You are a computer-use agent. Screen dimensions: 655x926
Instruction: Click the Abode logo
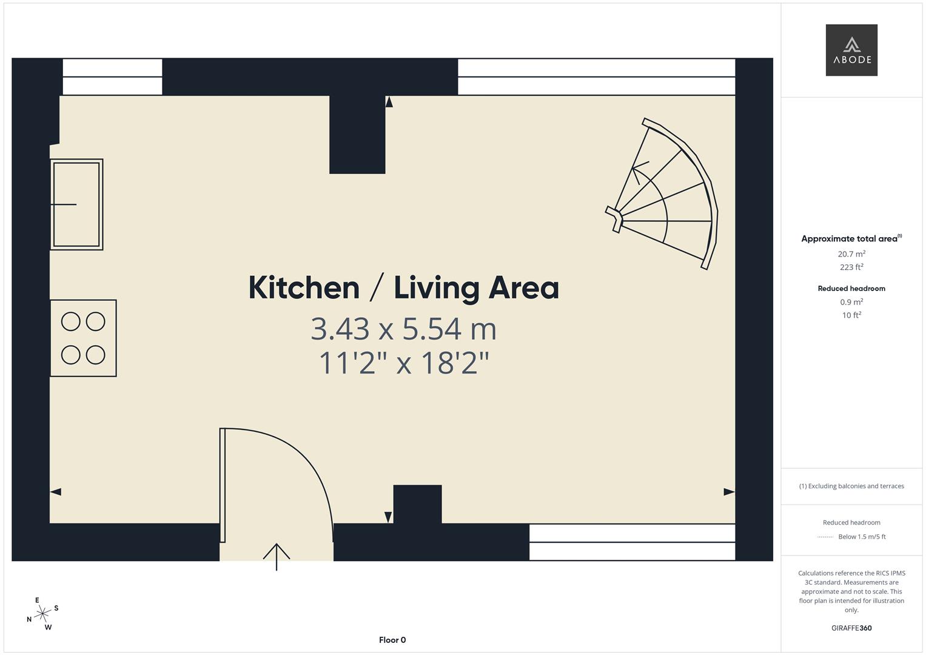(851, 50)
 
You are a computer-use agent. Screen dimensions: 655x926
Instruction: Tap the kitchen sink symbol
(76, 204)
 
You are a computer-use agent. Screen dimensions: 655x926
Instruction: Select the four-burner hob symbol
(83, 338)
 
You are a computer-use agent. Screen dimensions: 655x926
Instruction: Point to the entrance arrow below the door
(277, 556)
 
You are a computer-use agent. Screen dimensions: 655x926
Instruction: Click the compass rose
(42, 614)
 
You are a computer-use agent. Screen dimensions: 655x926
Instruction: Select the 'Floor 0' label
(392, 640)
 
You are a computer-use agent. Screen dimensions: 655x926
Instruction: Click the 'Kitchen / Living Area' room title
(403, 287)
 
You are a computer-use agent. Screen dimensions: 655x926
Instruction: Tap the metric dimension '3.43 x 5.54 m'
(403, 329)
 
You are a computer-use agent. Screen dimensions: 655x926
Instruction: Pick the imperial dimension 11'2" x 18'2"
(403, 363)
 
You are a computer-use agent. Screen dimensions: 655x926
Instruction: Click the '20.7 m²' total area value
(851, 254)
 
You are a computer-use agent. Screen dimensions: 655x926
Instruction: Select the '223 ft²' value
(851, 267)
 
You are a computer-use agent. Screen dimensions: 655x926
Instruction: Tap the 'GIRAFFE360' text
(851, 628)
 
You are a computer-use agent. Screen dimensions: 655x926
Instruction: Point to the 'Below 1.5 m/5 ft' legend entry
(861, 537)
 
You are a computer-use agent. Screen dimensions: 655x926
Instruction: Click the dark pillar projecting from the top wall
(357, 135)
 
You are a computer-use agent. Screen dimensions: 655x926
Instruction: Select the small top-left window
(112, 77)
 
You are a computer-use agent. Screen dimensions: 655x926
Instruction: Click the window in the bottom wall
(632, 542)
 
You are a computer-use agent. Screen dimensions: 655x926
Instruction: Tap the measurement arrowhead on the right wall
(729, 492)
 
